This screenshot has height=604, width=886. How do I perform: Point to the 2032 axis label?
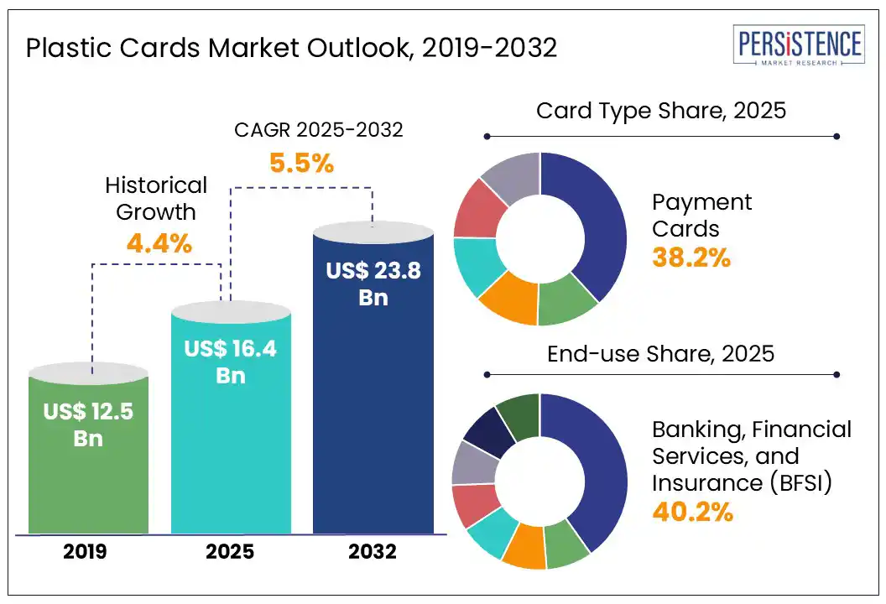tap(373, 552)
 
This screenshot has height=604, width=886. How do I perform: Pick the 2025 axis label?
tap(231, 552)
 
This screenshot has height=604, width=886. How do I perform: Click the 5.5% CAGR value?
tap(301, 163)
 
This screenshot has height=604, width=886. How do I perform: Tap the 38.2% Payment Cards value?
tap(691, 258)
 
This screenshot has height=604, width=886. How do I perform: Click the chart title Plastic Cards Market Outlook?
tap(291, 48)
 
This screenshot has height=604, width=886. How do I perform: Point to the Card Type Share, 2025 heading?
tap(661, 110)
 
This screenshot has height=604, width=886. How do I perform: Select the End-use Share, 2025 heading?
tap(660, 354)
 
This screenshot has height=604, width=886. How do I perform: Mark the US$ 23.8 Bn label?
tap(373, 284)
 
